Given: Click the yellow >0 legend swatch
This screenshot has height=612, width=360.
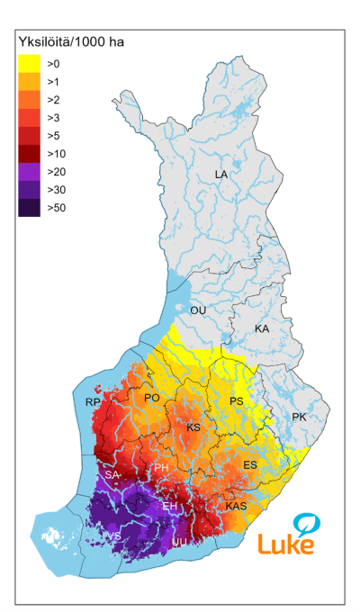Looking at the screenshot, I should click(x=29, y=63).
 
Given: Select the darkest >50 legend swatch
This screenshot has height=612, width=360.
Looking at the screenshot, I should click(x=29, y=207).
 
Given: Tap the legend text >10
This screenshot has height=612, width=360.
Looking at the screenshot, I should click(x=56, y=153).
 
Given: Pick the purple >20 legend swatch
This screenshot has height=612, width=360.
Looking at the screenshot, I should click(x=29, y=171).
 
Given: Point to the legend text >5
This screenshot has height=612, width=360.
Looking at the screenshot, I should click(x=53, y=135).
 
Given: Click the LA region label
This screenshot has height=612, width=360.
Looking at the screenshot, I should click(x=221, y=174).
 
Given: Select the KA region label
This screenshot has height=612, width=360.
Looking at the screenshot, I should click(x=262, y=329).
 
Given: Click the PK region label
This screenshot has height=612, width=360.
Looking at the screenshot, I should click(x=300, y=418).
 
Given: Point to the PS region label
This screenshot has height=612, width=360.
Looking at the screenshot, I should click(x=237, y=401).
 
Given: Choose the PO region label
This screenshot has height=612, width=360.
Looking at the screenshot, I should click(x=152, y=397).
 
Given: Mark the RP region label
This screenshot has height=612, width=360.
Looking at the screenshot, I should click(x=93, y=402).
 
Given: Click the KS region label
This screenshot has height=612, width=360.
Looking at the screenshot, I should click(x=193, y=427).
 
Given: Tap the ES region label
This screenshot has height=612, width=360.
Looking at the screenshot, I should click(x=251, y=464).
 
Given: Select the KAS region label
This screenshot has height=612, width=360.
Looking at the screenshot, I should click(x=236, y=507).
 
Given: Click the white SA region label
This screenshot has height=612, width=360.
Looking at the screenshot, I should click(x=112, y=474).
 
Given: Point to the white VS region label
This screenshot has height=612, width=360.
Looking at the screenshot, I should click(x=114, y=536).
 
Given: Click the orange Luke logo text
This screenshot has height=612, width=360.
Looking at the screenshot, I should click(x=286, y=544).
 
